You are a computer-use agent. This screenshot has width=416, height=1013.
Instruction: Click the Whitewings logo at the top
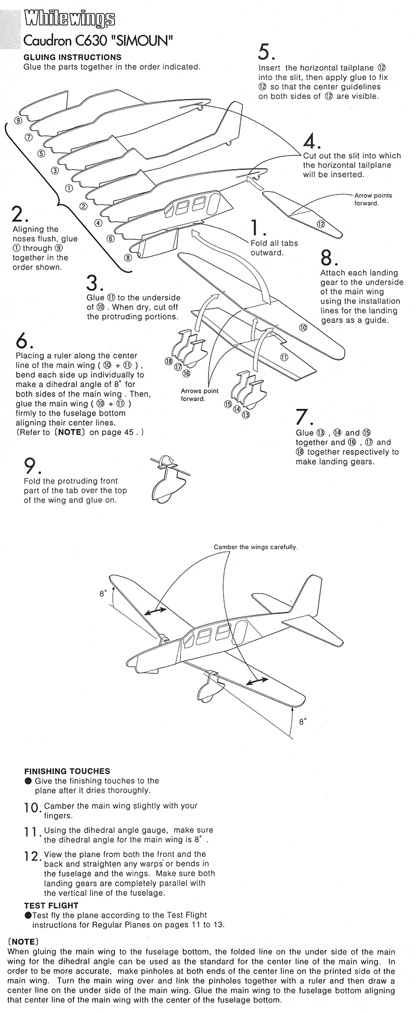(x=69, y=19)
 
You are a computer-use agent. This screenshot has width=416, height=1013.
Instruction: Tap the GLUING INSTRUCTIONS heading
(x=72, y=57)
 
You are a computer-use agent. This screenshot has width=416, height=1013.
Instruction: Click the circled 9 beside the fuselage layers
(x=18, y=120)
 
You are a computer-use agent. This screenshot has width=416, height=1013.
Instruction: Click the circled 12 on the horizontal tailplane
(x=321, y=224)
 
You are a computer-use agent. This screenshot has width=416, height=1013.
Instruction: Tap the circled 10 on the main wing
(x=303, y=327)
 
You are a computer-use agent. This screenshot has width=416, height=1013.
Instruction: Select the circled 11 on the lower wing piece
(x=284, y=357)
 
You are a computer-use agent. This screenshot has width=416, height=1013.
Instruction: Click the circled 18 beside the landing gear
(x=168, y=361)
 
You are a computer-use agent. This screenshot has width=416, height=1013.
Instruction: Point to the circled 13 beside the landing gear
(x=246, y=415)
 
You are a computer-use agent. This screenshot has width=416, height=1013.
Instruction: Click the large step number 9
(x=30, y=465)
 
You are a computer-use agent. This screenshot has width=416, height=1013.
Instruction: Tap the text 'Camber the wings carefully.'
(x=255, y=547)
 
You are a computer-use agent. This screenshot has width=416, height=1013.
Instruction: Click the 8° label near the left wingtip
(x=103, y=593)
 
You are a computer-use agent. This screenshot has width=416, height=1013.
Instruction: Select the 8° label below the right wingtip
(x=303, y=722)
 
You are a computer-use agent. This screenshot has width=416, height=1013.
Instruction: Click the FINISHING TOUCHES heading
(x=67, y=771)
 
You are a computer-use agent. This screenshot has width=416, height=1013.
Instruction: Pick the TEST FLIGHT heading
(x=51, y=905)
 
